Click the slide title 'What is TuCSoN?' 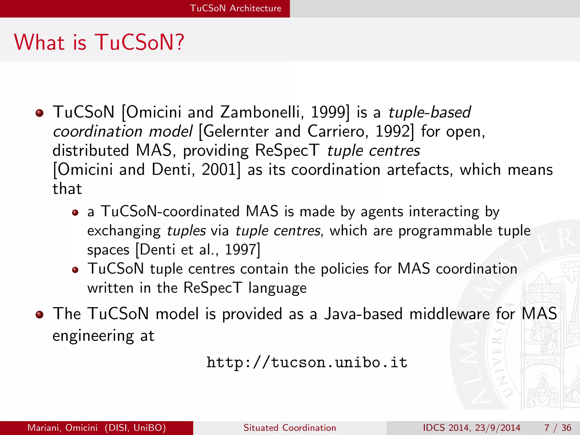[x=99, y=42]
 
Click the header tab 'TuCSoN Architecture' [x=235, y=8]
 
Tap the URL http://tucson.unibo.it [x=307, y=362]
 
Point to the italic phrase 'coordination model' [x=123, y=132]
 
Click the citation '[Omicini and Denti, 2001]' [x=147, y=170]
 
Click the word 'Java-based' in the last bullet [x=363, y=314]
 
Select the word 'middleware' [x=449, y=314]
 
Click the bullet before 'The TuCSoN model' [x=39, y=315]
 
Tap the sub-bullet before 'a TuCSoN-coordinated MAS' [x=75, y=213]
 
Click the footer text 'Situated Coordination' [x=290, y=428]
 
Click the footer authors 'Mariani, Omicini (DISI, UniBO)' [x=97, y=428]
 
